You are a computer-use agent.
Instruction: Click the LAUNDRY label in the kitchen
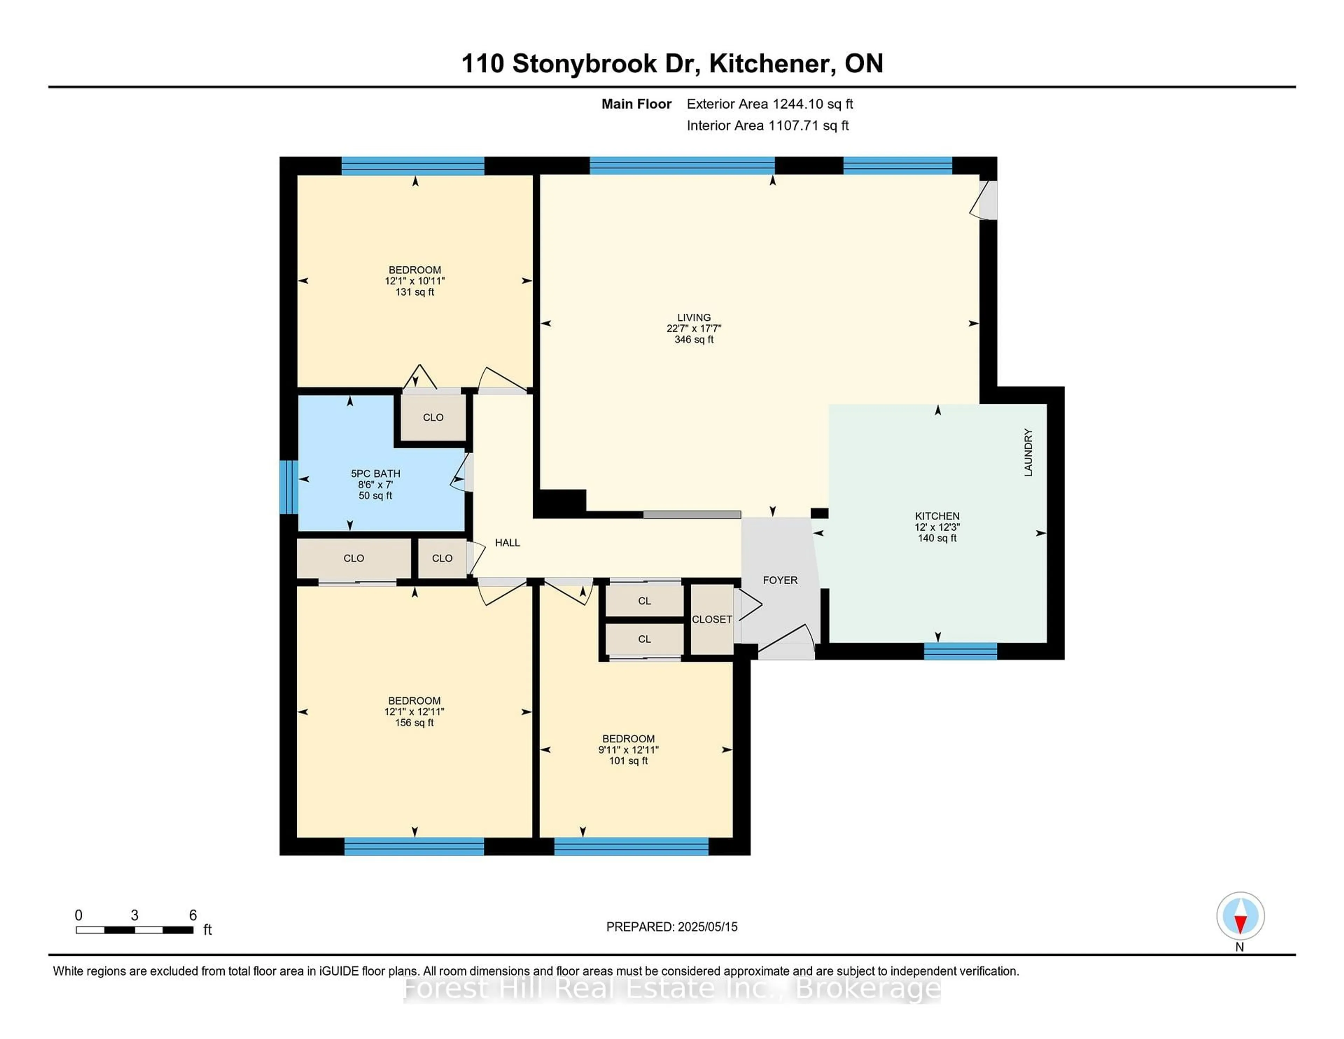tap(1028, 452)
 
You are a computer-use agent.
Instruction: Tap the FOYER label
tap(780, 580)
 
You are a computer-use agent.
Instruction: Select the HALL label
tap(507, 542)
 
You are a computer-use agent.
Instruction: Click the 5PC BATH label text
tap(376, 473)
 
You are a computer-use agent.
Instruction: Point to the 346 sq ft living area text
tap(694, 339)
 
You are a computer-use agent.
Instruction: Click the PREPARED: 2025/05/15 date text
tap(671, 926)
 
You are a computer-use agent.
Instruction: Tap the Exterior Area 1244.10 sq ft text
tap(769, 104)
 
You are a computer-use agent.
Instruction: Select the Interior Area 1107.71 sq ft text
tap(768, 126)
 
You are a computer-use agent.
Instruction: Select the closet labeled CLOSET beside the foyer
tap(712, 619)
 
